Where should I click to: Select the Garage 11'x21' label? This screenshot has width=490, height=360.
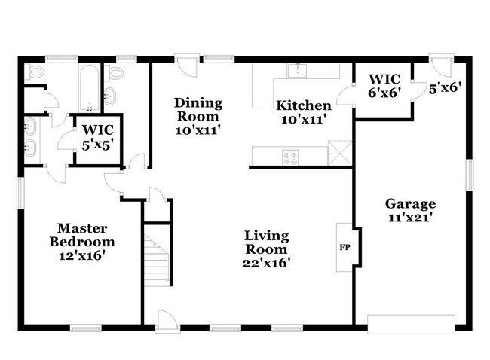411,210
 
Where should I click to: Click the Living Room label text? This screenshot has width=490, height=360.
267,249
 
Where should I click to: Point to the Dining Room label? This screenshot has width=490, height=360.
198,116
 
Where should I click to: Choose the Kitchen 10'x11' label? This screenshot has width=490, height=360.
303,112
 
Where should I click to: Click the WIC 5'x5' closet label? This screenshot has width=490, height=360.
97,136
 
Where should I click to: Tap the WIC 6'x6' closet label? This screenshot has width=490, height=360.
383,86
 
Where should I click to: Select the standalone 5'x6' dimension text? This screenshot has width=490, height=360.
444,87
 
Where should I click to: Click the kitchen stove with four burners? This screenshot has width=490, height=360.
290,157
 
